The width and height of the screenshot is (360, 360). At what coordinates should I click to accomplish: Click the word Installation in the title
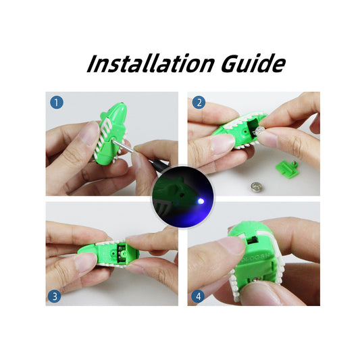151,63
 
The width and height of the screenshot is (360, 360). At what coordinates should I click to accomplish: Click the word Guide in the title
253,63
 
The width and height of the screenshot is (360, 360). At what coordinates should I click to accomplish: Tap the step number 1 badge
57,103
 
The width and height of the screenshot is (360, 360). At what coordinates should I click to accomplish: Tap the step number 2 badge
199,103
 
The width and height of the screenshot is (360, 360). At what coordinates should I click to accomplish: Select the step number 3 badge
55,297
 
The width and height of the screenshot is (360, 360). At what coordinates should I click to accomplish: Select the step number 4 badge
197,297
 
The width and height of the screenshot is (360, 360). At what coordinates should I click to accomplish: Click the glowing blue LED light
201,201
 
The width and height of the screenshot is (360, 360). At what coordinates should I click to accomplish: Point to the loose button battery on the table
257,186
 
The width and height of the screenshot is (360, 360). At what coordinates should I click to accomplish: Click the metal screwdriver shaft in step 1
124,146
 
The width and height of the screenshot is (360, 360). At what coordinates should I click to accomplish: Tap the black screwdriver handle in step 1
158,164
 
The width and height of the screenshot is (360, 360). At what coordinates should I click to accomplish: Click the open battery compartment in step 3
122,253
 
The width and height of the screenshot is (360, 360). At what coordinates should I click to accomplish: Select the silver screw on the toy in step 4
258,279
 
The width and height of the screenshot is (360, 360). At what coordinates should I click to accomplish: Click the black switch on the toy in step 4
253,240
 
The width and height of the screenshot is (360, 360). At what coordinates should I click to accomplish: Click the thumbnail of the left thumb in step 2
220,145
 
